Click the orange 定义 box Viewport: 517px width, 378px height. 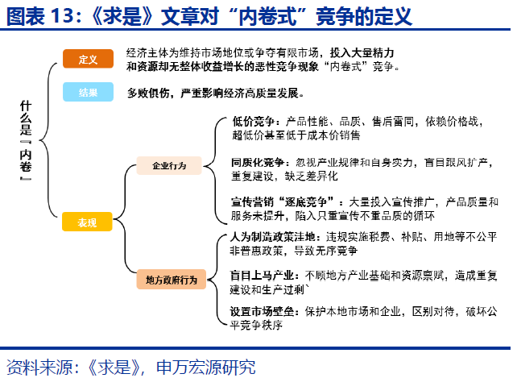[88, 59]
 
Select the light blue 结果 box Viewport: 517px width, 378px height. [88, 93]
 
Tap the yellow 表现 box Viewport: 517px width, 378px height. [88, 222]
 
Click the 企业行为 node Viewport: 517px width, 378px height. [169, 166]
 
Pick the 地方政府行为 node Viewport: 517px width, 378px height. [171, 279]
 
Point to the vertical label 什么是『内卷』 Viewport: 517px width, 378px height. [25, 145]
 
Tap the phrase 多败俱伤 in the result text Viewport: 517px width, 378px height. [144, 93]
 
